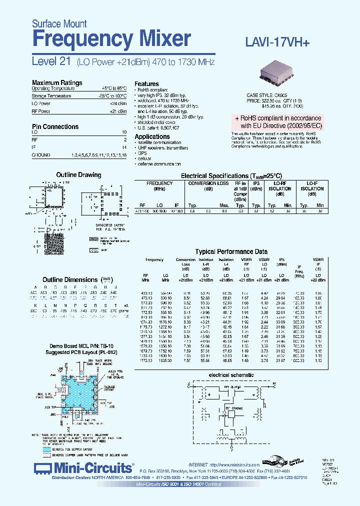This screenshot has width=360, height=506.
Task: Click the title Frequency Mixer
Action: pyautogui.click(x=111, y=38)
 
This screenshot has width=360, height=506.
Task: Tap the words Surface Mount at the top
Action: pyautogui.click(x=59, y=23)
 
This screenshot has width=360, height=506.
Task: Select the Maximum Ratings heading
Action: pyautogui.click(x=57, y=83)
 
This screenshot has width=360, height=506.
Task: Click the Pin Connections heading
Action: pyautogui.click(x=55, y=127)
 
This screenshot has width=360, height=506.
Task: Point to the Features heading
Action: pyautogui.click(x=146, y=84)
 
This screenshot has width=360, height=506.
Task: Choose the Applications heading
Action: pyautogui.click(x=152, y=136)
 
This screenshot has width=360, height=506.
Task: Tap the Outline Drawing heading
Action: pyautogui.click(x=78, y=175)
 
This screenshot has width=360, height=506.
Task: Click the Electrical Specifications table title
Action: pyautogui.click(x=231, y=176)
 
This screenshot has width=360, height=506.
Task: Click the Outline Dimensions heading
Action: pyautogui.click(x=70, y=279)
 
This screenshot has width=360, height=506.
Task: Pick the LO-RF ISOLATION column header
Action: pyautogui.click(x=279, y=186)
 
